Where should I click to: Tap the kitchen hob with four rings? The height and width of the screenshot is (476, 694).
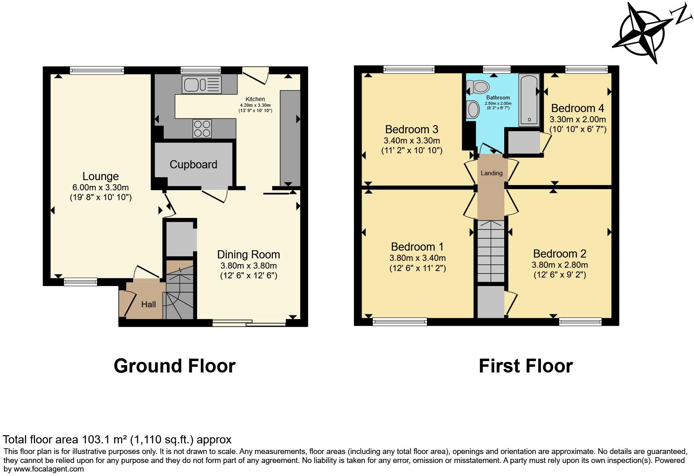click(202, 128)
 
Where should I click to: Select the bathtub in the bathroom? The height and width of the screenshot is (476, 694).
click(529, 99)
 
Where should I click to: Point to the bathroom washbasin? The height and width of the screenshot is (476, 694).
click(473, 109)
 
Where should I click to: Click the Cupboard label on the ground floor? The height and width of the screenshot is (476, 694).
click(193, 164)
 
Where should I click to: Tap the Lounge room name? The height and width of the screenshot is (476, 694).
click(100, 176)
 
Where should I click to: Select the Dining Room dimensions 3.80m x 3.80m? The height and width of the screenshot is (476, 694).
click(248, 266)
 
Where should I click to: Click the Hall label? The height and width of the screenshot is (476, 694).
click(148, 304)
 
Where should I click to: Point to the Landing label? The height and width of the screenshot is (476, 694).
click(492, 173)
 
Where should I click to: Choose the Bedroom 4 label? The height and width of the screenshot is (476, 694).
click(578, 108)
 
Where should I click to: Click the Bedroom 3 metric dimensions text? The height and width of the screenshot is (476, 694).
click(412, 141)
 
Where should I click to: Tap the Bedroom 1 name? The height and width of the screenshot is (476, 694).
click(417, 247)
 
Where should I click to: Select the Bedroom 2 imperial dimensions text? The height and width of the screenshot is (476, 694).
click(560, 275)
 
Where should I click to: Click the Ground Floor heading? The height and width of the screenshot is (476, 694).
click(175, 366)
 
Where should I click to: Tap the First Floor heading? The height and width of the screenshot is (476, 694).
click(526, 366)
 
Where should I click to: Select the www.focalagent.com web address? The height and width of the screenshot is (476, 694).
click(48, 469)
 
